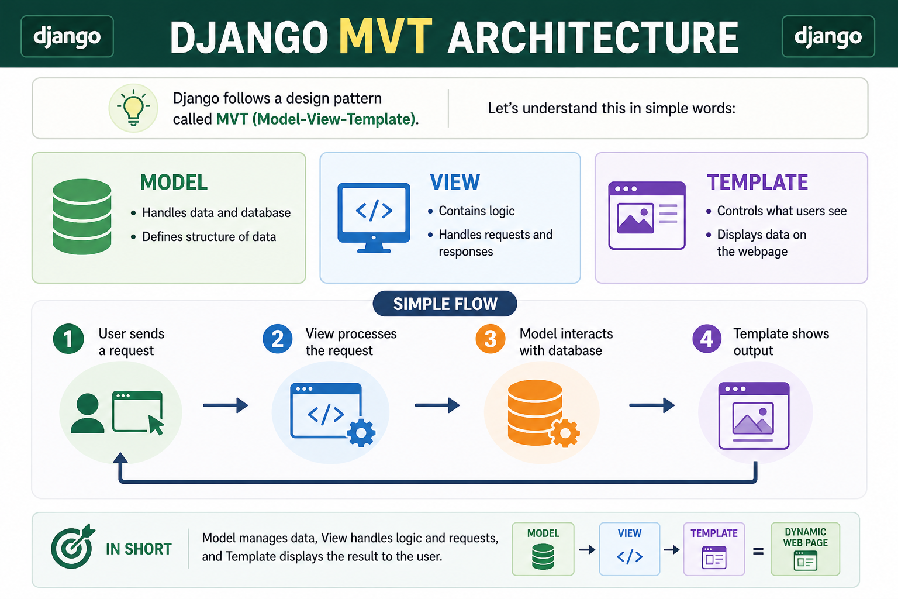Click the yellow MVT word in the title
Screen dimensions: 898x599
click(386, 36)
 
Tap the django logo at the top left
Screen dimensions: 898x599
click(67, 36)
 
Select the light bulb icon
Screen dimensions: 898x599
click(133, 108)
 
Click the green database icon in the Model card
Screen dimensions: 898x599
click(82, 216)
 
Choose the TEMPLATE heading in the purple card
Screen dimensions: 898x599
click(757, 183)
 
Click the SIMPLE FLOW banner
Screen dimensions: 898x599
click(445, 304)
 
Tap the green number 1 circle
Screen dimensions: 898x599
click(68, 339)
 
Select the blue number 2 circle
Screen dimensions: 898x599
click(278, 339)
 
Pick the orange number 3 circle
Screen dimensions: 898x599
click(491, 339)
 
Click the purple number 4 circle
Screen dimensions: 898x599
click(707, 339)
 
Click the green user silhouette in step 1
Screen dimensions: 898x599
click(87, 414)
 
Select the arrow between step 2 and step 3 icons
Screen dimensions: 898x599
click(437, 405)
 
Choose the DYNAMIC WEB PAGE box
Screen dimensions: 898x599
click(805, 549)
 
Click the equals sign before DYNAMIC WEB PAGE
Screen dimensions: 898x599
click(758, 552)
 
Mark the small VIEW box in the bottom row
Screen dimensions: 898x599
click(630, 549)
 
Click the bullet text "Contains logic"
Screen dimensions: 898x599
click(476, 211)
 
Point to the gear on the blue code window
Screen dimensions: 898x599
click(361, 432)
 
